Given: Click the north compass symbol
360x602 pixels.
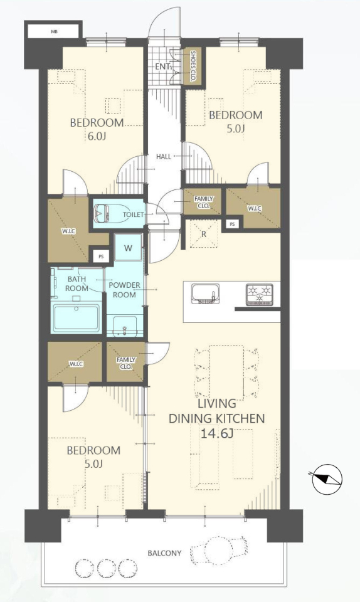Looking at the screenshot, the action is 327,478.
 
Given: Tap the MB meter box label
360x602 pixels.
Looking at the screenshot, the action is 54,32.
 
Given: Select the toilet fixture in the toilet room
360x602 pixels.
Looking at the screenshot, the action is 103,213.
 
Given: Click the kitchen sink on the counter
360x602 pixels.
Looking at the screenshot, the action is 205,294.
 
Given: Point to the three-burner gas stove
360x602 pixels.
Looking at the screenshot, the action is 260,295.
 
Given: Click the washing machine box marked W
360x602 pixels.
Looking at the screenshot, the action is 128,248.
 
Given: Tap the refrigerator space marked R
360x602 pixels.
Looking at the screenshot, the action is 204,233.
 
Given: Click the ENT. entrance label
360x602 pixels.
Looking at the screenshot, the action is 162,67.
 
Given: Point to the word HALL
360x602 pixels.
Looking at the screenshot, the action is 164,157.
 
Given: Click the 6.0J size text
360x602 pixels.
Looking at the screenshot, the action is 97,136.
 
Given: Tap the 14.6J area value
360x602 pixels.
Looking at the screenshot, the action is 217,433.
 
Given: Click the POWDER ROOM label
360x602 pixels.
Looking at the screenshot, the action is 124,290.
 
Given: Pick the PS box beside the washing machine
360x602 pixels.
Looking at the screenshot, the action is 101,256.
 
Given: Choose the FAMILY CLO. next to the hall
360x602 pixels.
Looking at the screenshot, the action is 203,201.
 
